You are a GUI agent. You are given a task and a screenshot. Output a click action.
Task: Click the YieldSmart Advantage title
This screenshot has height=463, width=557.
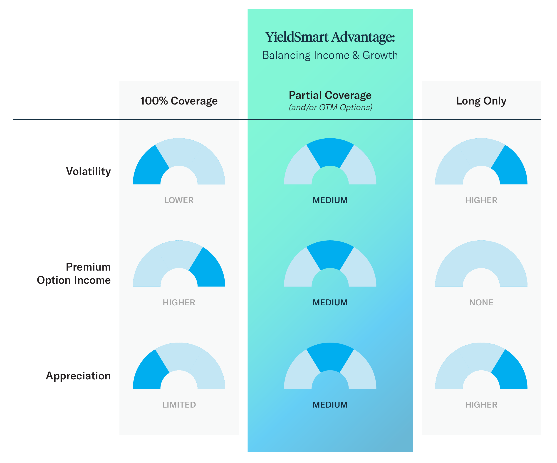click(330, 37)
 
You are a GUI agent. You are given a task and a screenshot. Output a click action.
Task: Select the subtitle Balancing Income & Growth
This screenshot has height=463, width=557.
click(330, 55)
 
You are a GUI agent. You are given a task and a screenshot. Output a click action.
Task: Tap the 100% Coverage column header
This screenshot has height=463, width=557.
click(179, 101)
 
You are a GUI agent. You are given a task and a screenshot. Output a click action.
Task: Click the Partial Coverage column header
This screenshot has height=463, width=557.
click(330, 95)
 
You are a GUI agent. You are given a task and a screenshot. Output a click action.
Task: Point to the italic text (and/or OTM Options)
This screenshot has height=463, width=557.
click(330, 107)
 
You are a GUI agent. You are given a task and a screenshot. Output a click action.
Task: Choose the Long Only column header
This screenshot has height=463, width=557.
click(481, 101)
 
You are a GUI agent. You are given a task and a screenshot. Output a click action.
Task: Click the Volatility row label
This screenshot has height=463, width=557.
click(88, 171)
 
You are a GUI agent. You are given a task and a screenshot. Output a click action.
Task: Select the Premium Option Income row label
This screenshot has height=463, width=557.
click(74, 274)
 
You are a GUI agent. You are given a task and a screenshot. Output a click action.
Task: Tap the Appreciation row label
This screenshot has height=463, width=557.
click(78, 376)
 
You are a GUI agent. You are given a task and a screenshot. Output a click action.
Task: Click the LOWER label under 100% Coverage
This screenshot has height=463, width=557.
click(179, 200)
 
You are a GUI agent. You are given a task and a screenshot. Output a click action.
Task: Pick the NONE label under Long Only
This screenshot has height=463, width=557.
click(481, 302)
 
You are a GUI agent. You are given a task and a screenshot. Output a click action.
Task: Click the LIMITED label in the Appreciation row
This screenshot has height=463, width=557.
click(179, 405)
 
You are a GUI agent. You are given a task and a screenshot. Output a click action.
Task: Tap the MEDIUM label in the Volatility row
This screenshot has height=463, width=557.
click(330, 200)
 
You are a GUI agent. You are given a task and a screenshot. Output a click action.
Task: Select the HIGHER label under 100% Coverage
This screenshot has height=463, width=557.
click(179, 302)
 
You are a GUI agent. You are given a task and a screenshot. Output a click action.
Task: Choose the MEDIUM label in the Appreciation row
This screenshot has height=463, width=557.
click(330, 405)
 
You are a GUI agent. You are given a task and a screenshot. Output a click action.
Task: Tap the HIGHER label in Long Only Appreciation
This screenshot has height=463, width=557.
click(481, 405)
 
